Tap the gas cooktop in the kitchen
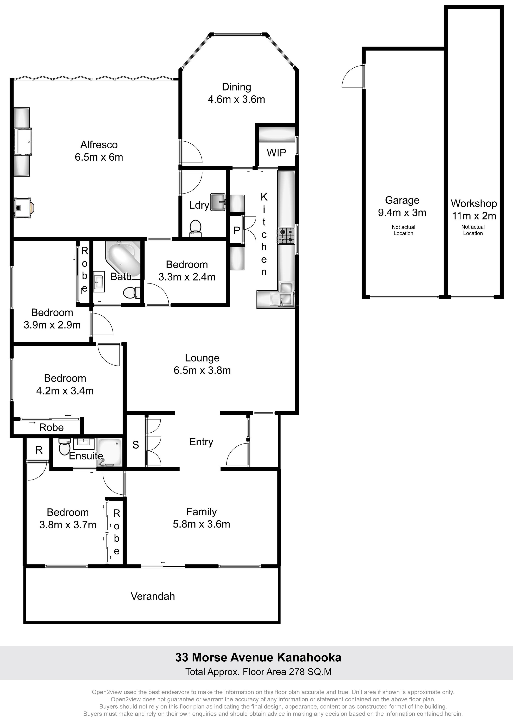pyautogui.click(x=286, y=236)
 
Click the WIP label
pyautogui.click(x=276, y=153)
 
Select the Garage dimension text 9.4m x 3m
pyautogui.click(x=402, y=213)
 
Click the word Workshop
pyautogui.click(x=474, y=203)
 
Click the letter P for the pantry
pyautogui.click(x=237, y=231)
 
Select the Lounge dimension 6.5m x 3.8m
pyautogui.click(x=202, y=370)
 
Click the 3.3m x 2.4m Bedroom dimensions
pyautogui.click(x=187, y=277)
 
